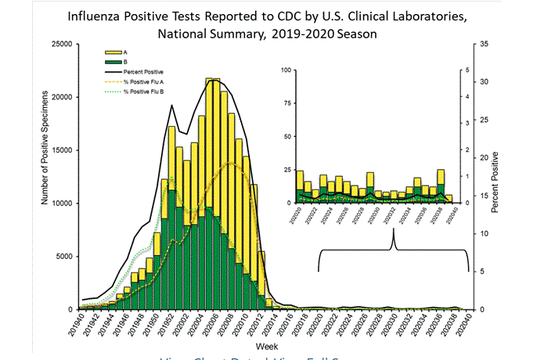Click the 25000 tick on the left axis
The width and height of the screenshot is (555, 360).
pyautogui.click(x=61, y=44)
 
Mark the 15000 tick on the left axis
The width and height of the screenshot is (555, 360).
pyautogui.click(x=61, y=150)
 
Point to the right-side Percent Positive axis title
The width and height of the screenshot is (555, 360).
pyautogui.click(x=496, y=176)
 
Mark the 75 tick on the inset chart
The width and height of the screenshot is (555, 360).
pyautogui.click(x=287, y=103)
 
